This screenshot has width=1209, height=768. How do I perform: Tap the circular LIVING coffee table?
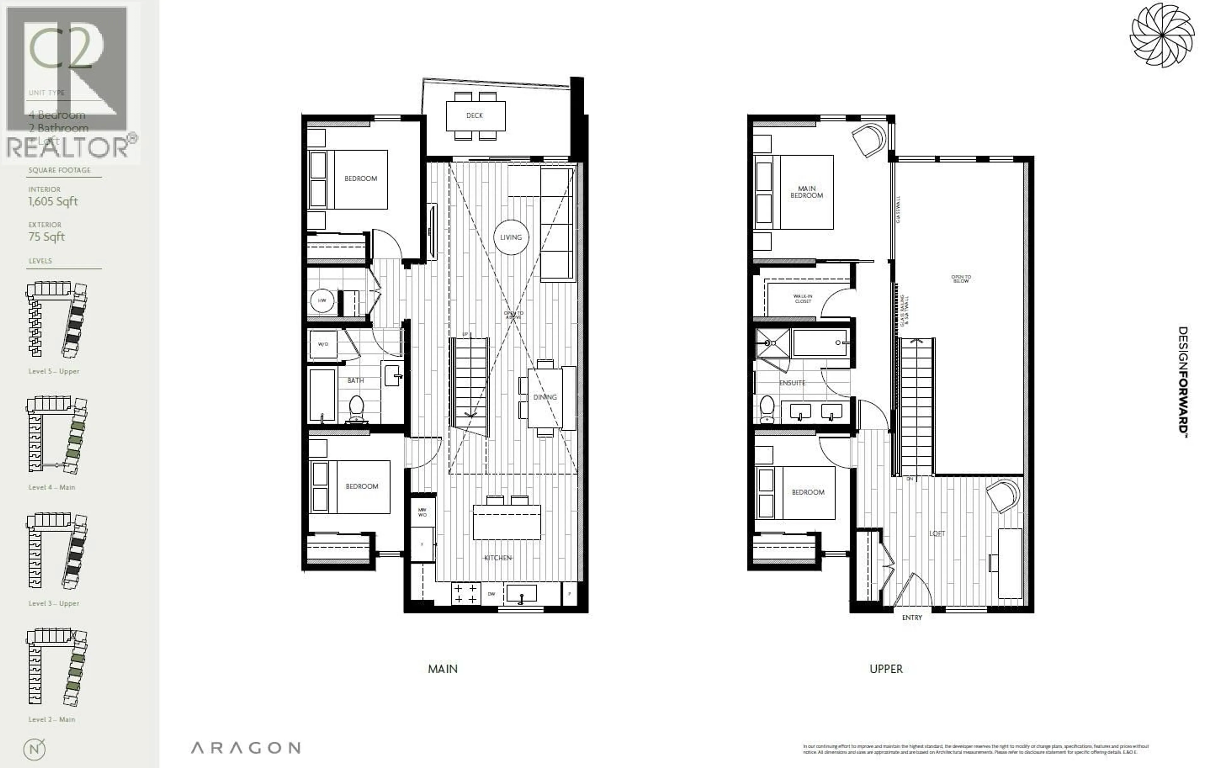[511, 237]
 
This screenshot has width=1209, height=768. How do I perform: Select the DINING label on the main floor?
[545, 397]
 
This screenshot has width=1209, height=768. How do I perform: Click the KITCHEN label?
[497, 558]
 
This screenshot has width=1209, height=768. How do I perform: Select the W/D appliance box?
[323, 344]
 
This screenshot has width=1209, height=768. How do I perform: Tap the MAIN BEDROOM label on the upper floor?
[806, 192]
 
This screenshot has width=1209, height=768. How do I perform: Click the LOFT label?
[937, 534]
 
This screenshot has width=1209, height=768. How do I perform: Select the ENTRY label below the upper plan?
[912, 618]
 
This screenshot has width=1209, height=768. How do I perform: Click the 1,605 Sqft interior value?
[53, 202]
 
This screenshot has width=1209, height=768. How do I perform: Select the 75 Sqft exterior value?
[46, 237]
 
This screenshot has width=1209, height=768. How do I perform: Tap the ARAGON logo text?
[246, 748]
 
